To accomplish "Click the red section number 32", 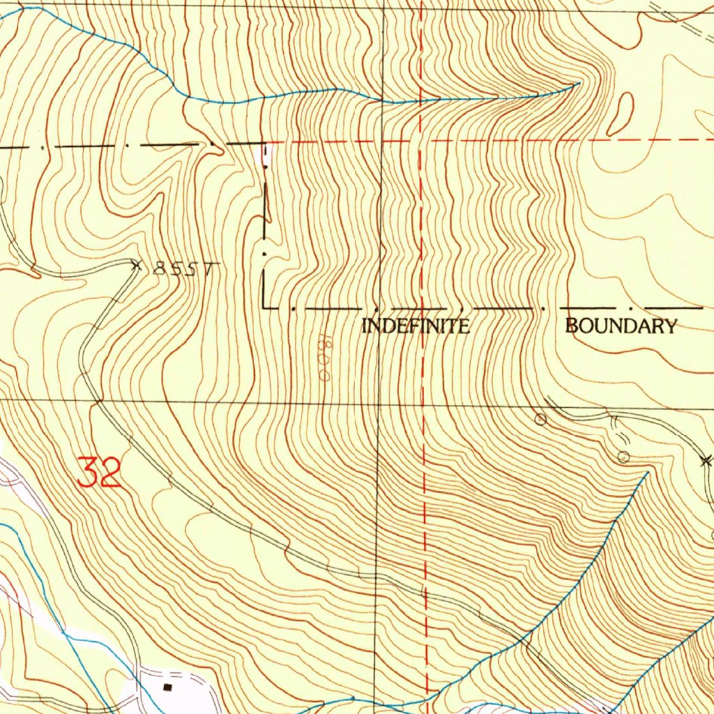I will (99, 473).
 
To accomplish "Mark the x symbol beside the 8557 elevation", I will (137, 264).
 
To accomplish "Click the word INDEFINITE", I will (416, 326).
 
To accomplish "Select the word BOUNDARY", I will (621, 326).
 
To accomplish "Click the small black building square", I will (167, 687).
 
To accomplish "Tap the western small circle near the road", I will (540, 419).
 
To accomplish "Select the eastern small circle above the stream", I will (624, 457).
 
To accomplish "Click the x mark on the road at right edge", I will (706, 460).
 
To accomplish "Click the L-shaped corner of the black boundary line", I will (265, 307).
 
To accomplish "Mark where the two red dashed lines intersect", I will (421, 141).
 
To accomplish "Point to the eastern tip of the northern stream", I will (579, 84).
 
